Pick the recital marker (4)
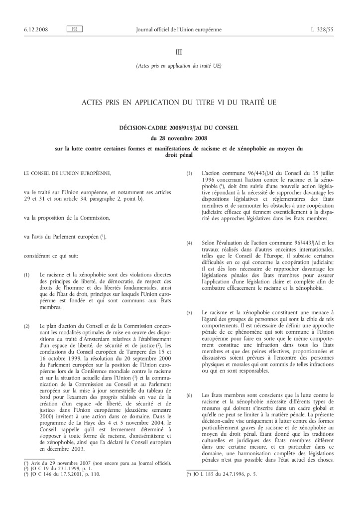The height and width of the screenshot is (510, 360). coord(189,243)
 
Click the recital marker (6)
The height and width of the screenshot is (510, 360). coord(189,382)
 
